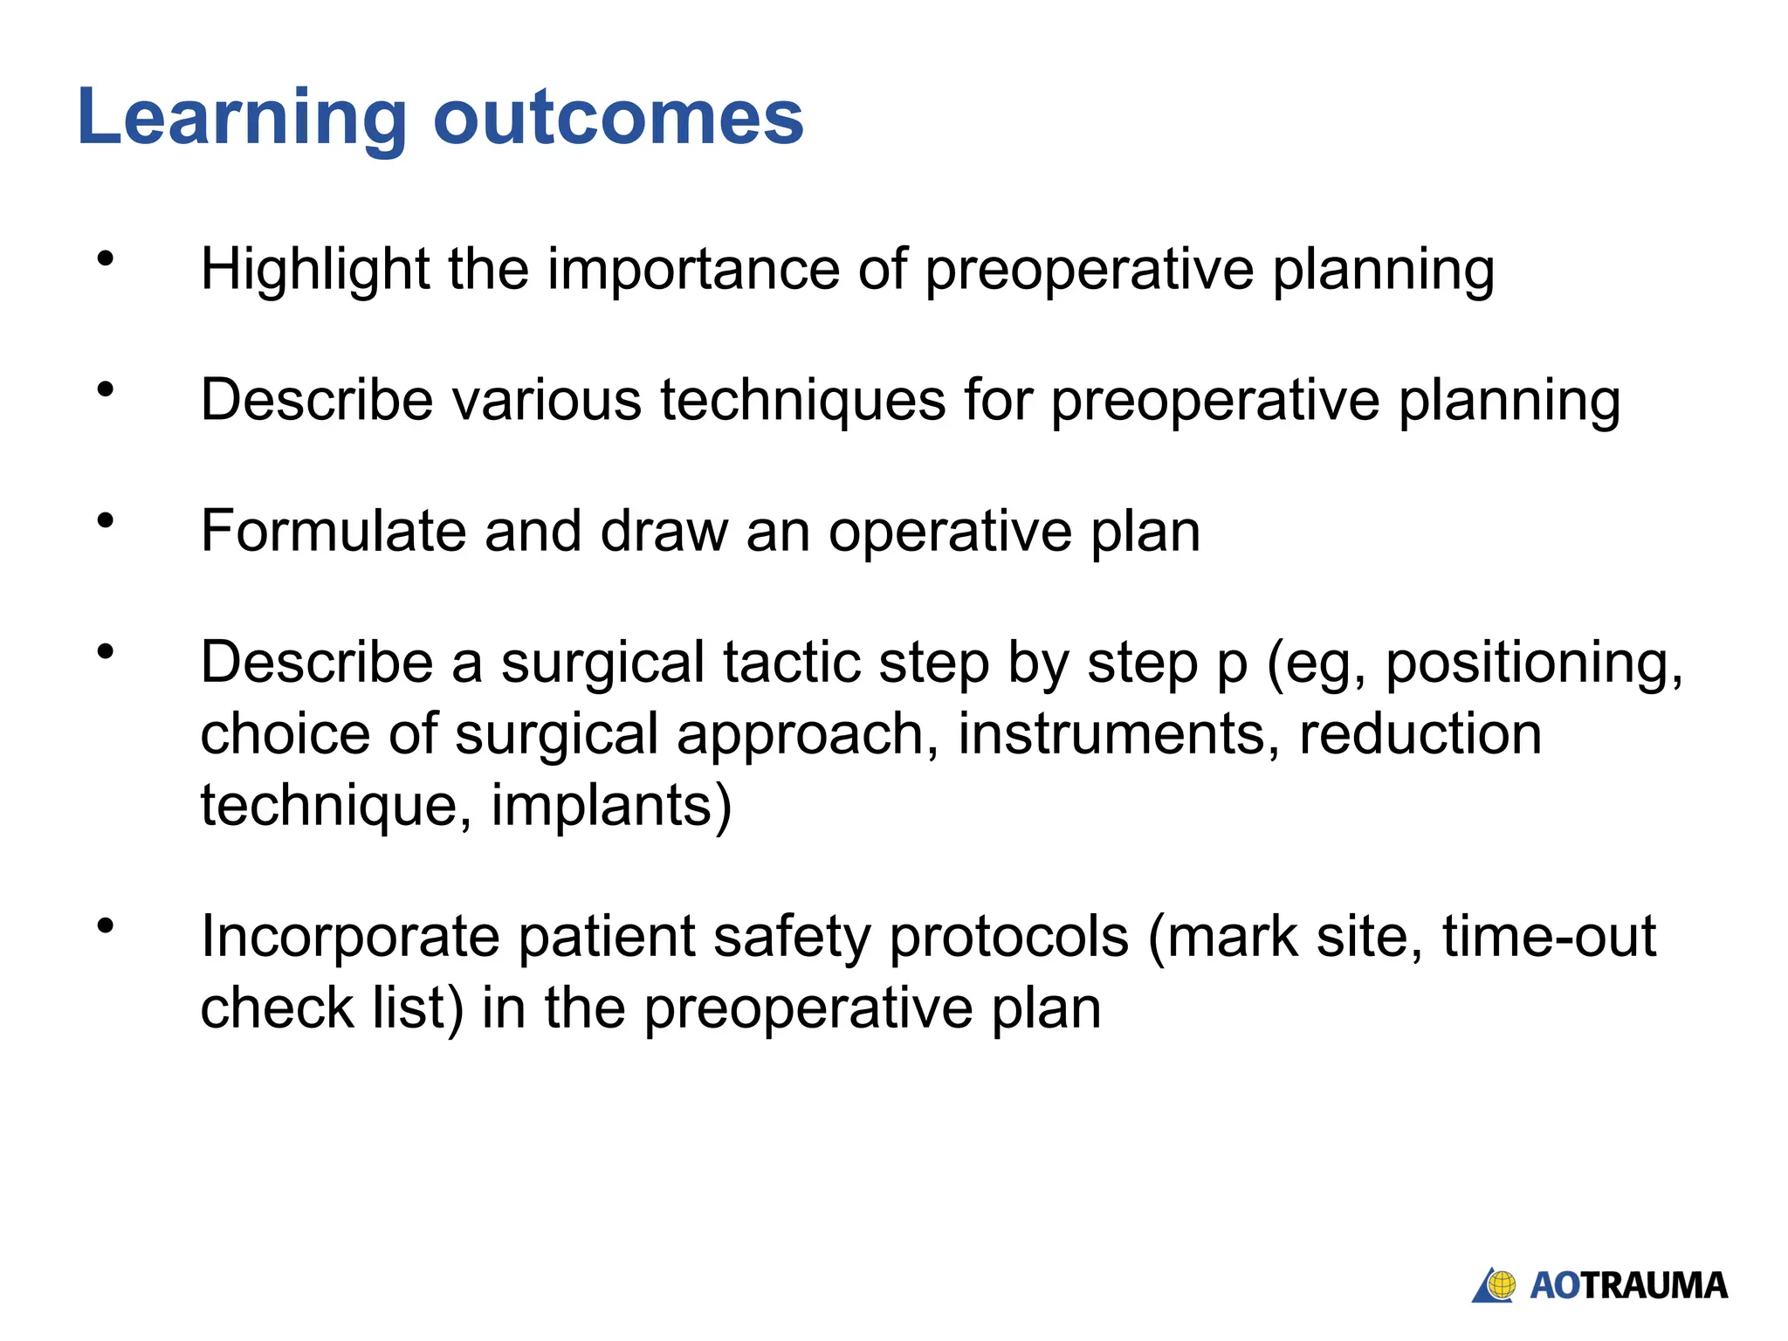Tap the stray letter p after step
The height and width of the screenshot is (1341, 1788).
[x=1232, y=667]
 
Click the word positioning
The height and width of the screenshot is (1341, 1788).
[x=1534, y=664]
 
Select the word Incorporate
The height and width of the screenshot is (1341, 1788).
[x=350, y=938]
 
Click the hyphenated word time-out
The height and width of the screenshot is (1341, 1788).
[x=1548, y=936]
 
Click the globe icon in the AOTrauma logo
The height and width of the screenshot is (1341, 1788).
[x=1501, y=1284]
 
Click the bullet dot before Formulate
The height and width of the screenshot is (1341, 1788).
[x=106, y=521]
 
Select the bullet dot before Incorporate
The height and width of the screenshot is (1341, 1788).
[x=106, y=925]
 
